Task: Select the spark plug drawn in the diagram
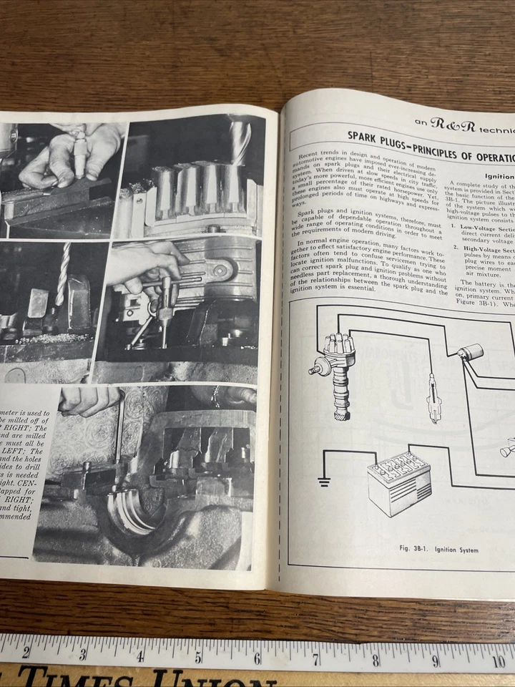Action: (x=431, y=398)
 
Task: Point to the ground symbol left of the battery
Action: (x=325, y=480)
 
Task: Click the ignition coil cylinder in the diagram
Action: (x=471, y=354)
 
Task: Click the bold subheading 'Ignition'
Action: (x=499, y=175)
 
